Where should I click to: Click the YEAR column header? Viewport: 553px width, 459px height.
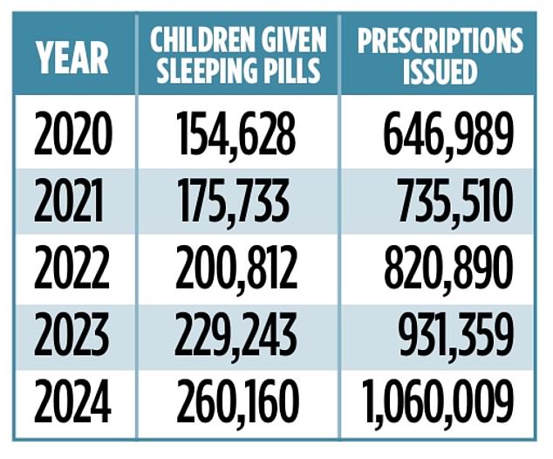72,55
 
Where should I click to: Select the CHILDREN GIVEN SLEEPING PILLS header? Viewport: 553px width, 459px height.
237,55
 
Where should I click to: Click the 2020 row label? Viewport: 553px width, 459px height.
73,136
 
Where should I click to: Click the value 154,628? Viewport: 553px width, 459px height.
236,136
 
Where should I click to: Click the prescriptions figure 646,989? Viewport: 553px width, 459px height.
447,136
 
